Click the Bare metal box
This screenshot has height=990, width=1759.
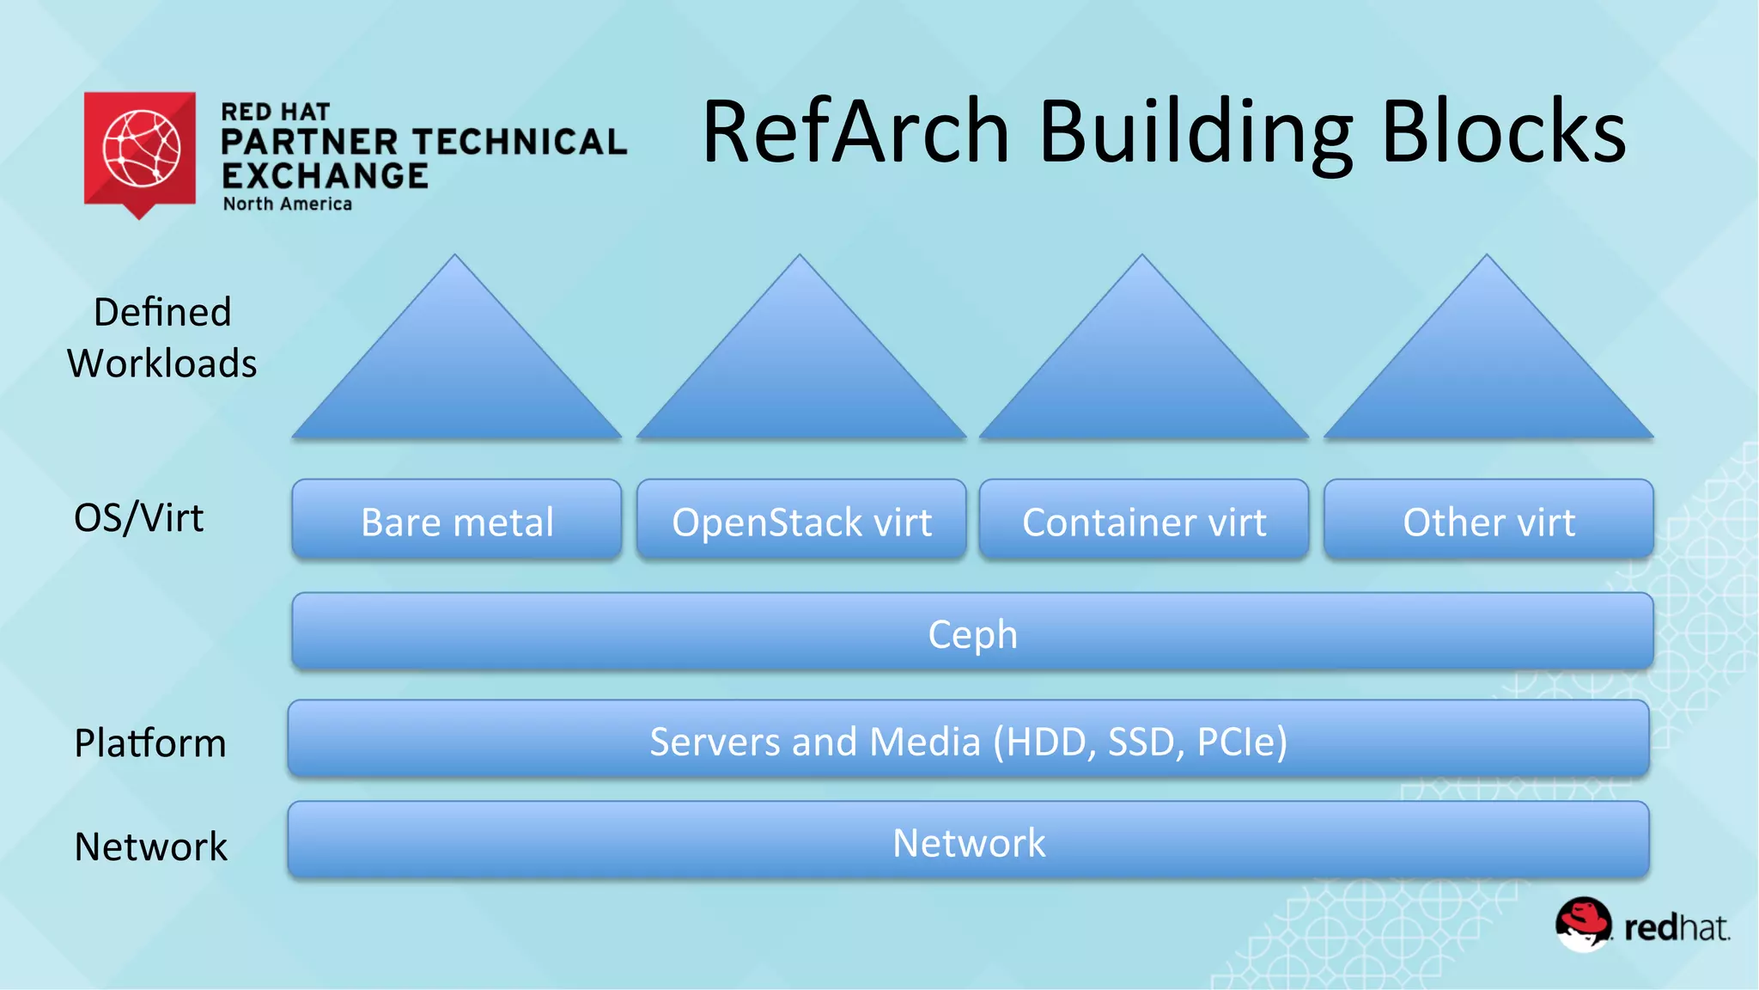[456, 521]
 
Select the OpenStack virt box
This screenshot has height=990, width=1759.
[801, 521]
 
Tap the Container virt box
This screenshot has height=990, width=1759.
[1144, 521]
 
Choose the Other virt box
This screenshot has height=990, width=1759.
[1488, 521]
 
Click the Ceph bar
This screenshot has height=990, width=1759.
[972, 632]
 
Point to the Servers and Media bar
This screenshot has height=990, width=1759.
[968, 740]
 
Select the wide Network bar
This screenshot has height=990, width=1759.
[968, 841]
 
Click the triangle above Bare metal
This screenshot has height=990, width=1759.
[456, 370]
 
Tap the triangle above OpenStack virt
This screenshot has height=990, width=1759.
[800, 370]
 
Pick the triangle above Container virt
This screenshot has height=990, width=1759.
[1143, 370]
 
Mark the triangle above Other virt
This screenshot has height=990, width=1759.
[1488, 370]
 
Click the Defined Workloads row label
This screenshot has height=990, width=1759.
[162, 337]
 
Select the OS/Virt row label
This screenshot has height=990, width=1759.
[139, 517]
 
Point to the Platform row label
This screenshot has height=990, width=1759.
[150, 742]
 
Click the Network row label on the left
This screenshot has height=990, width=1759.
[151, 846]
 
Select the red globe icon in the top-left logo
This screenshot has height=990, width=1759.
[141, 149]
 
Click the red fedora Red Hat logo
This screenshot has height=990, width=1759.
[1583, 924]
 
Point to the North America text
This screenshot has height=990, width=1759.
[288, 205]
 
